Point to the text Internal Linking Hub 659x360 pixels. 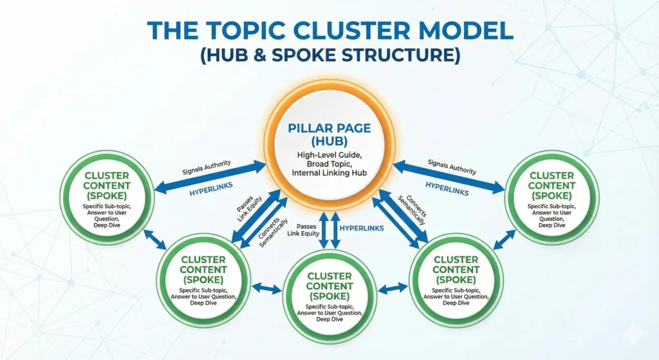click(x=329, y=173)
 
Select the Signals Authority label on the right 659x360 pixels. click(x=454, y=169)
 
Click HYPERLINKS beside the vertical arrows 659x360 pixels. click(x=362, y=228)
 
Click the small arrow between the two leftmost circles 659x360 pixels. click(x=156, y=240)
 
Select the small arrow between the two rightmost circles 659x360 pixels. click(x=504, y=240)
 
